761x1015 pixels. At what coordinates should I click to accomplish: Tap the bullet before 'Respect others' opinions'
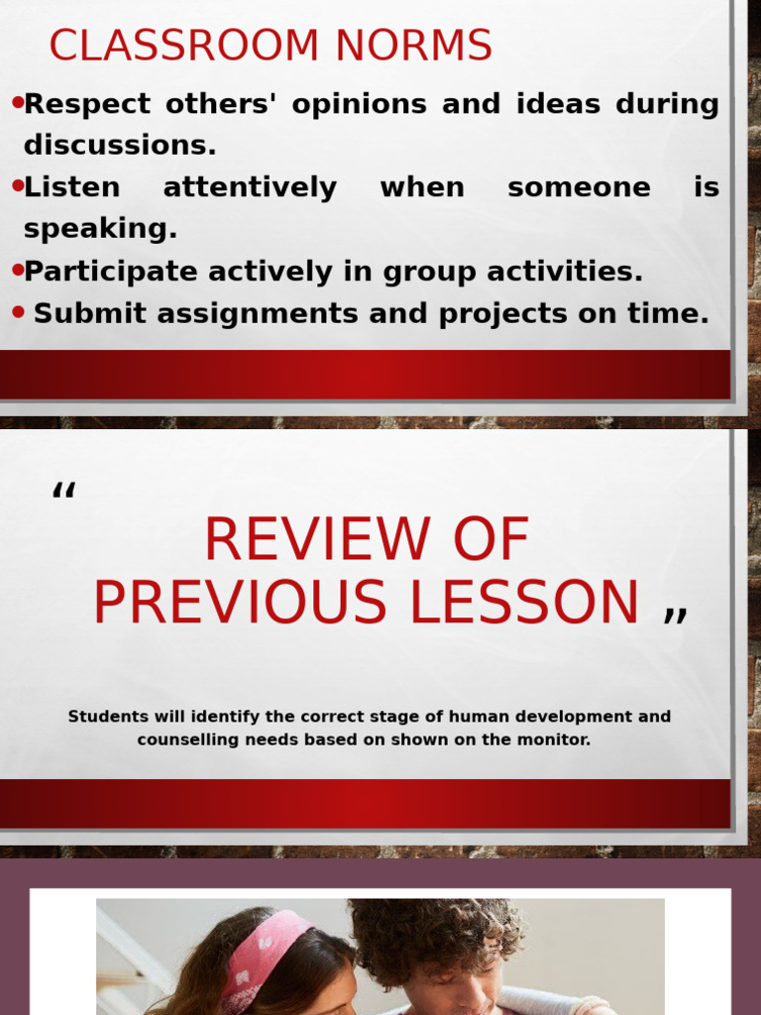17,102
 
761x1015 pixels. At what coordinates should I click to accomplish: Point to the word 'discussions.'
119,146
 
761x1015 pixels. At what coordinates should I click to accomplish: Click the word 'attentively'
250,187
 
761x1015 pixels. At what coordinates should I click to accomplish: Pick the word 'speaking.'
100,229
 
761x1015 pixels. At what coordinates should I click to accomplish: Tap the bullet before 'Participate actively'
17,270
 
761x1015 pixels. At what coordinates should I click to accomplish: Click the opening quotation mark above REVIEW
64,491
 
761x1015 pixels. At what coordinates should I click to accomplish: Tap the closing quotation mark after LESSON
675,615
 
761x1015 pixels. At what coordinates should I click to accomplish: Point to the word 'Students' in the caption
108,717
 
